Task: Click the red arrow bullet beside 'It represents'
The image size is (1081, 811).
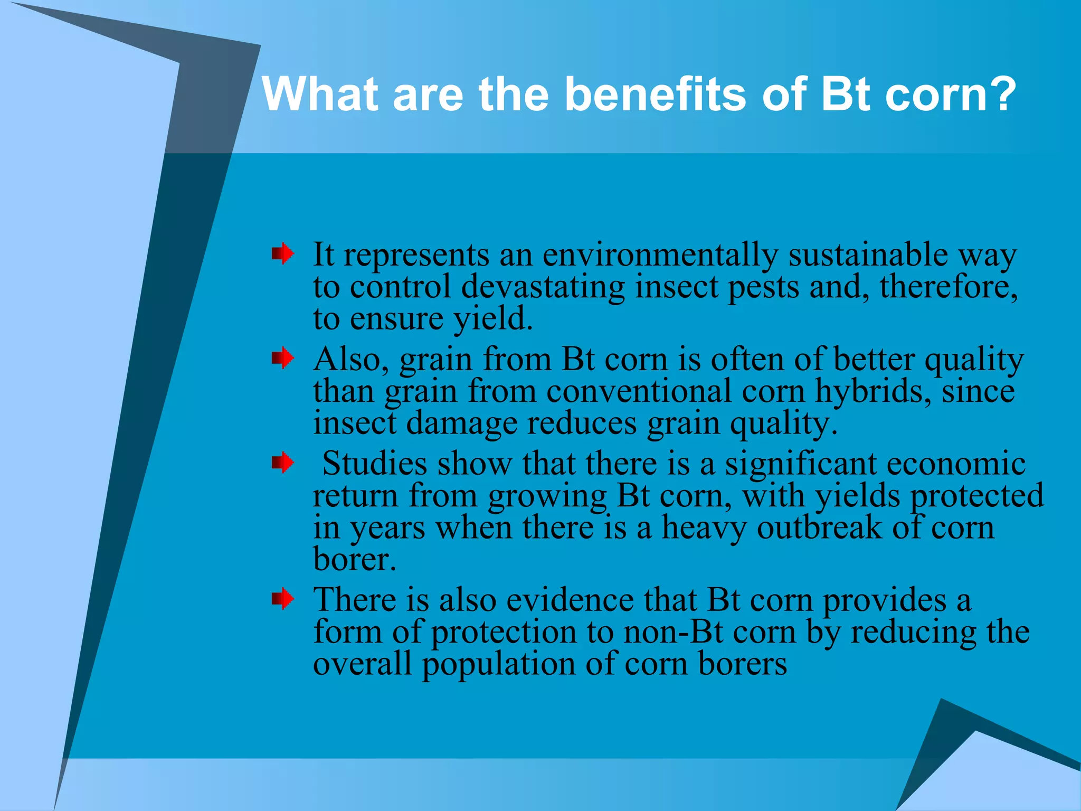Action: [x=283, y=254]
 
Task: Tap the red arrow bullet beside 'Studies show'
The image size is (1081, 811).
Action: [x=283, y=463]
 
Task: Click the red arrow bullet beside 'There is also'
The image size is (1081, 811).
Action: [x=283, y=599]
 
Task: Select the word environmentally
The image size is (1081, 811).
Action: [x=660, y=256]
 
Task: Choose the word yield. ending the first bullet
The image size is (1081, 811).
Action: [x=493, y=320]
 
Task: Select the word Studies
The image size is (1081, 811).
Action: [x=374, y=464]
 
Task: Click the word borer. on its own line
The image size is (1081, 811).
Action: [x=354, y=559]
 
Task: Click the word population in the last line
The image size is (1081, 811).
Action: [x=498, y=665]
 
